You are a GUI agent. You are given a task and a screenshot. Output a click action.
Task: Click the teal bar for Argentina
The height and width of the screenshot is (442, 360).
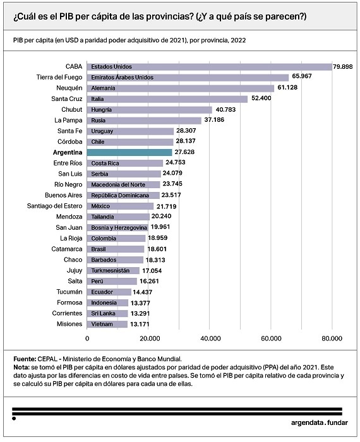click(129, 152)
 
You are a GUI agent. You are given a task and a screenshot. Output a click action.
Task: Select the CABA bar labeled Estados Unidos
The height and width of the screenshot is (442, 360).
click(210, 67)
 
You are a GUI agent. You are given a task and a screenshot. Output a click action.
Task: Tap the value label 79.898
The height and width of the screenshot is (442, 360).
click(343, 67)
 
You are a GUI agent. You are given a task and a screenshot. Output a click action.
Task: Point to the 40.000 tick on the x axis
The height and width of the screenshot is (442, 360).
click(210, 338)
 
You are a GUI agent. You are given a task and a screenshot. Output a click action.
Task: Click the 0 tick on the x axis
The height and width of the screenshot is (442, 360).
click(87, 338)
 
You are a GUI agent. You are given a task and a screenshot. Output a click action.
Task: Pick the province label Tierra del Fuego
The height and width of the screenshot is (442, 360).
click(59, 77)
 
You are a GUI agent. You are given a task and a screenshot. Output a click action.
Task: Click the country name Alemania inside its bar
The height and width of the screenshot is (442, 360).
click(103, 88)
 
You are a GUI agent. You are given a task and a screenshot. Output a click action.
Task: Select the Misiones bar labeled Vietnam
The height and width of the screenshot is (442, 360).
click(107, 324)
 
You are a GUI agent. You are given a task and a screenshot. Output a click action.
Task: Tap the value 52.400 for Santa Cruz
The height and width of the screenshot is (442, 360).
click(261, 98)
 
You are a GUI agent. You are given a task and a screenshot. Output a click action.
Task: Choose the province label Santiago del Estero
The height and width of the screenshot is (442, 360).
click(55, 206)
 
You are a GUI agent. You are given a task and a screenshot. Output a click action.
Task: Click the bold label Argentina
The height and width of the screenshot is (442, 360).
click(68, 153)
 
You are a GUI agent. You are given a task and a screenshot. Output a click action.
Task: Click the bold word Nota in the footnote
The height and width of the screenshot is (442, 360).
click(21, 367)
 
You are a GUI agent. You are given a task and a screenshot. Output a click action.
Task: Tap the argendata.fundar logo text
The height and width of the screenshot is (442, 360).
click(320, 422)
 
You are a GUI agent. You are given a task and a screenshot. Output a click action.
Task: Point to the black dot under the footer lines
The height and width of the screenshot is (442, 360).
click(14, 419)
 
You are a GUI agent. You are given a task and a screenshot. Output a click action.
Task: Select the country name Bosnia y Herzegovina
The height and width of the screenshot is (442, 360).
click(119, 227)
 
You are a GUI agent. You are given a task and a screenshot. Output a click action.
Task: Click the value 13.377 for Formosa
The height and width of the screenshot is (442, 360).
click(140, 303)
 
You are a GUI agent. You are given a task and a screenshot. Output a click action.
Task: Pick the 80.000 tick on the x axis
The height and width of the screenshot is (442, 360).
click(332, 338)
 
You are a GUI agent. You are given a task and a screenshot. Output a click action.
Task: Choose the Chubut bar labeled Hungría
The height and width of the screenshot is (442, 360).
click(150, 110)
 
